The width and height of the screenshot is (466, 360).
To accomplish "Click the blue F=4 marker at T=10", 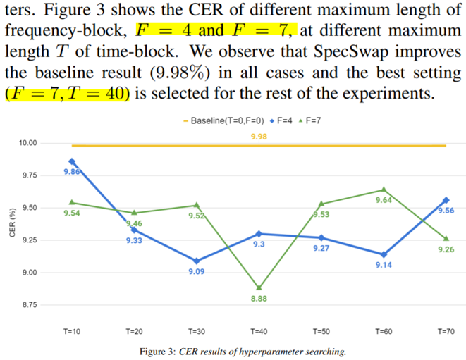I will click(x=72, y=161).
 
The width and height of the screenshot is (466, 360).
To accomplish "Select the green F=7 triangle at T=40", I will click(x=259, y=288).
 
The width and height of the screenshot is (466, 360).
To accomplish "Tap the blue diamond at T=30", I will click(x=197, y=261).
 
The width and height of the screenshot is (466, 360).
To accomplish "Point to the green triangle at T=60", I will click(x=384, y=189).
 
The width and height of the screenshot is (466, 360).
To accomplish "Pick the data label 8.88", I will click(x=259, y=299).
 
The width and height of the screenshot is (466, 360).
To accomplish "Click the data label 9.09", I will click(x=197, y=271).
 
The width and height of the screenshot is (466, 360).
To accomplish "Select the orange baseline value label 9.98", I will click(x=259, y=135).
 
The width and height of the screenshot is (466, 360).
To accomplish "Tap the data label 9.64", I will click(x=384, y=200).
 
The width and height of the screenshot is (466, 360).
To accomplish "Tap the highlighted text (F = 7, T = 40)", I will click(x=68, y=94).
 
